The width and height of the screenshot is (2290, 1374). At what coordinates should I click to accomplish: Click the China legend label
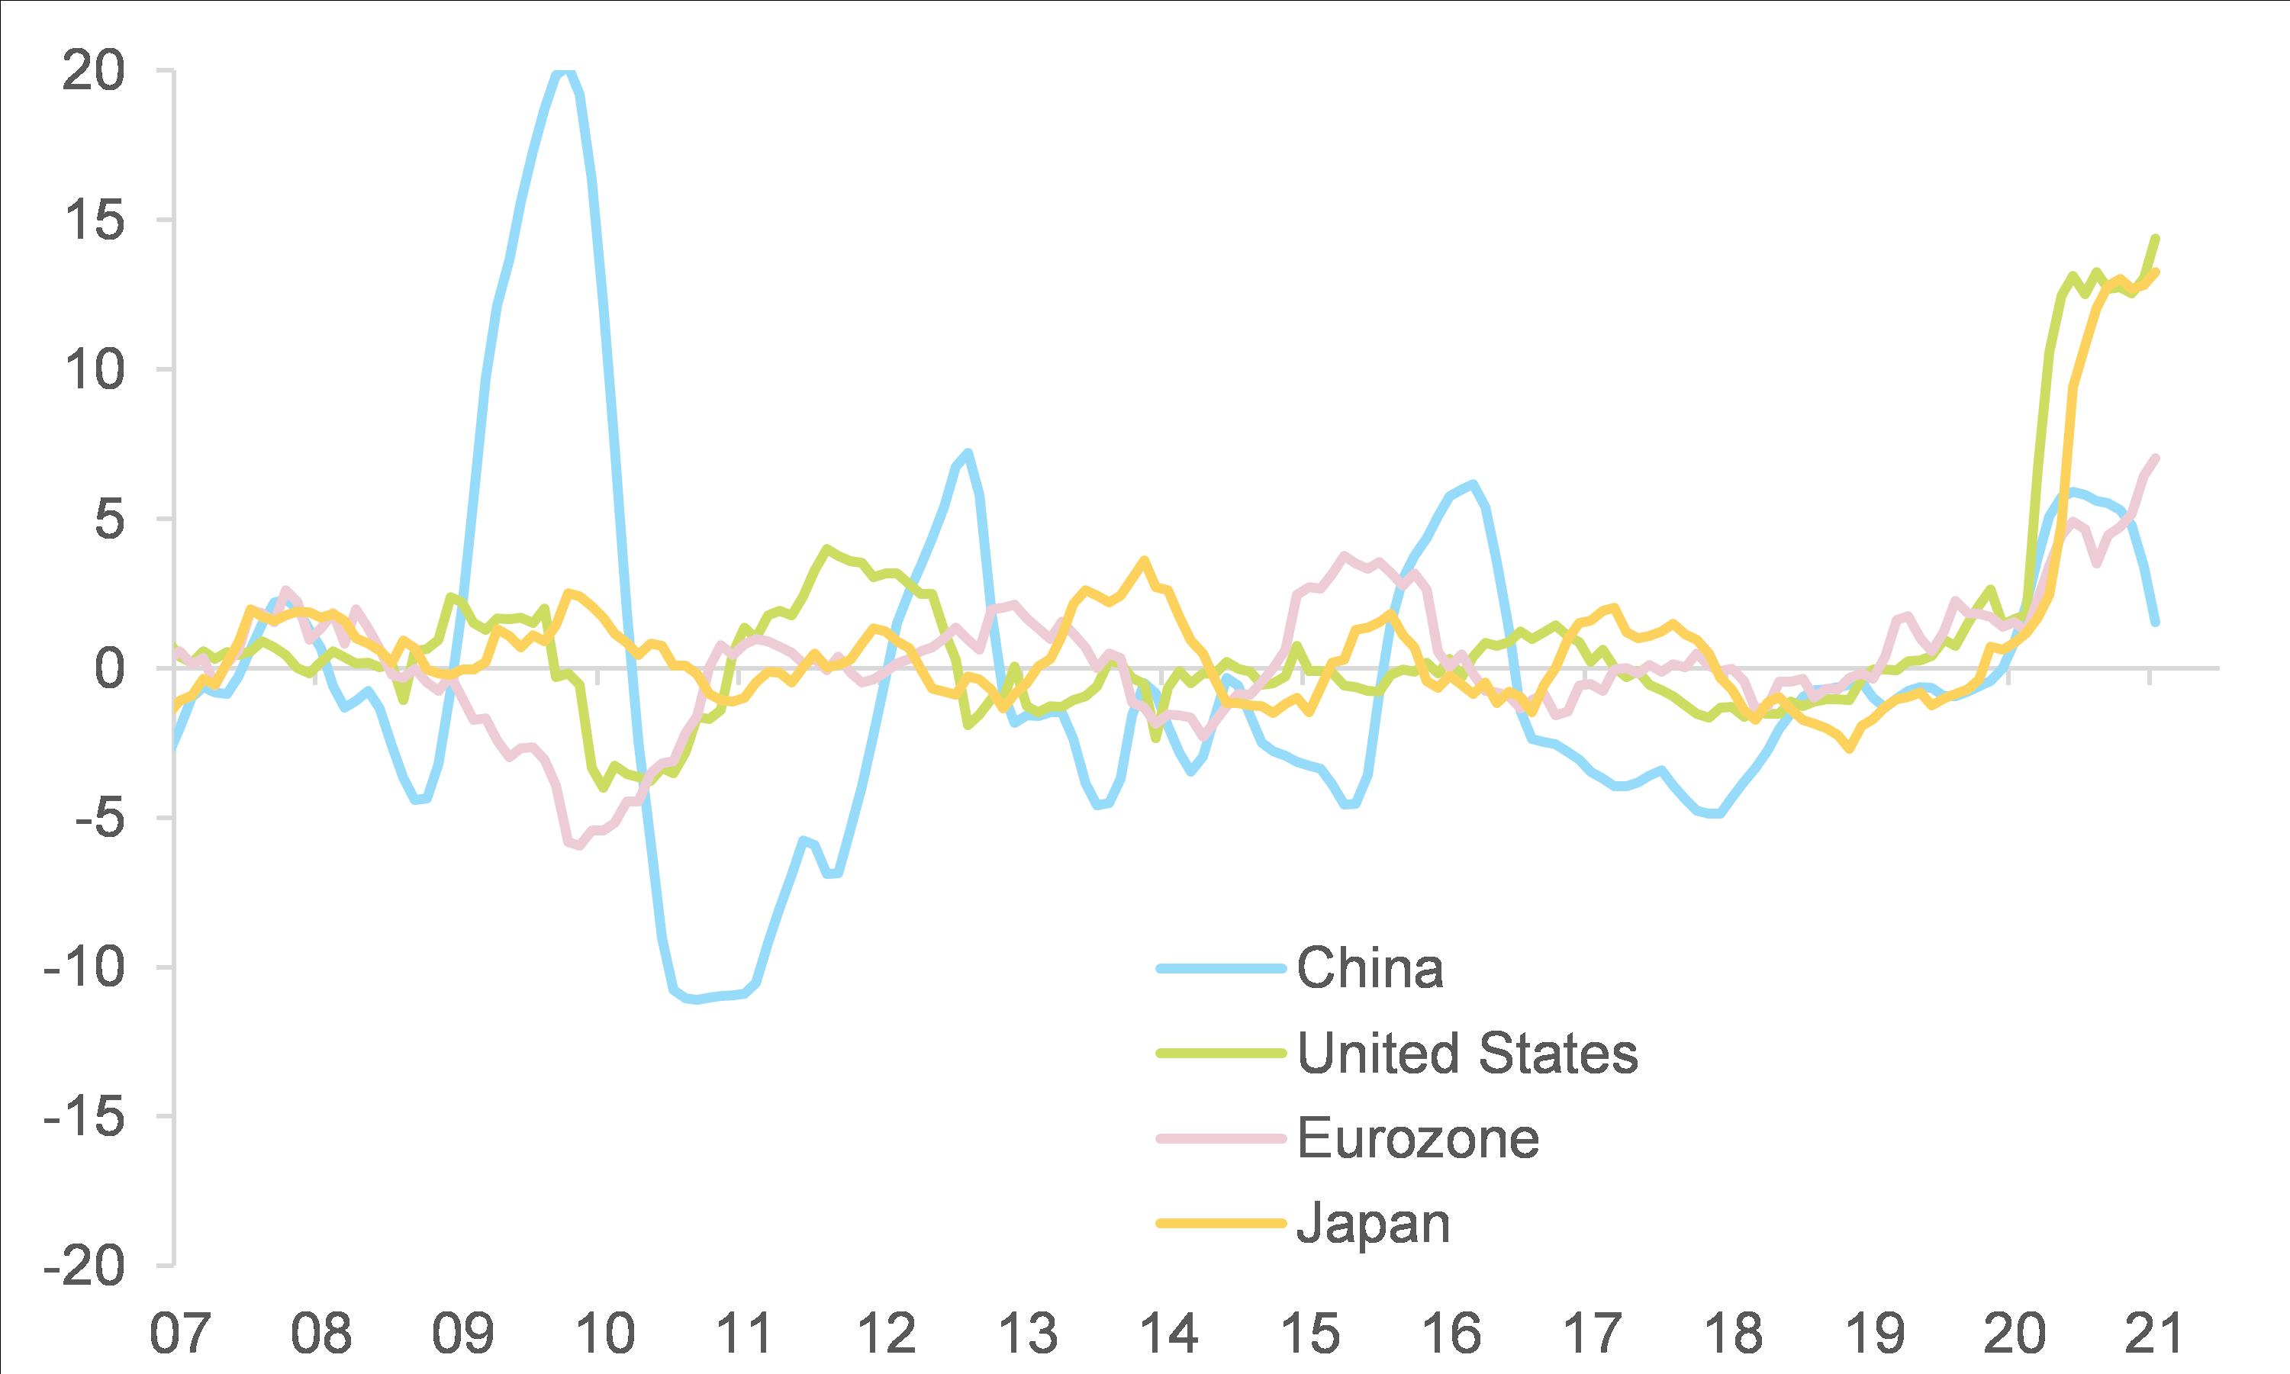click(x=1370, y=968)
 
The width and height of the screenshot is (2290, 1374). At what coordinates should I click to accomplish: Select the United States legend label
click(x=1467, y=1053)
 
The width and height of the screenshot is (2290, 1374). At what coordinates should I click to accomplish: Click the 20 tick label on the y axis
click(x=92, y=71)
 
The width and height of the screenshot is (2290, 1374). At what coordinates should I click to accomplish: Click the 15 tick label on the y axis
click(x=92, y=220)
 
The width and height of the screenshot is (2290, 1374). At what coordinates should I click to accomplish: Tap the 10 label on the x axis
click(x=604, y=1334)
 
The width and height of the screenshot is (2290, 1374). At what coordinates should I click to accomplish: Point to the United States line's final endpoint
click(x=2156, y=238)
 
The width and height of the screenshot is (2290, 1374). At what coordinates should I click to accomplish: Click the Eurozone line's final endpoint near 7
click(x=2156, y=458)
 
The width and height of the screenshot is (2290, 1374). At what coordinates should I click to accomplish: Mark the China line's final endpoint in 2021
click(x=2156, y=623)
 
